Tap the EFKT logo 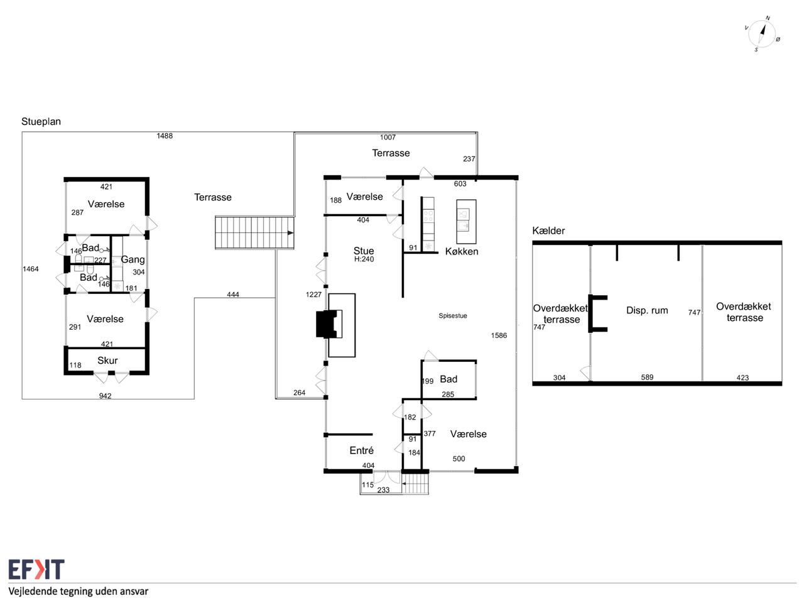click(x=36, y=569)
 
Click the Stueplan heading click(x=41, y=122)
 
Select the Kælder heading click(x=548, y=231)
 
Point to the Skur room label click(x=107, y=361)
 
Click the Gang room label click(x=133, y=259)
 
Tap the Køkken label click(x=462, y=251)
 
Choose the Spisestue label click(x=453, y=315)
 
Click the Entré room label click(x=362, y=450)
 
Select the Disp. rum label click(x=647, y=310)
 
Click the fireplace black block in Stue click(x=326, y=324)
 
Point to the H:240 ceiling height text click(x=364, y=259)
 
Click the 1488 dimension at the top click(x=165, y=136)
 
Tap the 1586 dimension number click(x=499, y=335)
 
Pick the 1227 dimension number click(x=313, y=295)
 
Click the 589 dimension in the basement click(x=647, y=377)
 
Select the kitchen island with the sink click(x=466, y=222)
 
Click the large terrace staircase click(x=254, y=233)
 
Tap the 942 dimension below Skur click(x=105, y=396)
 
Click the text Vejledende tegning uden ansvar click(x=79, y=591)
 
